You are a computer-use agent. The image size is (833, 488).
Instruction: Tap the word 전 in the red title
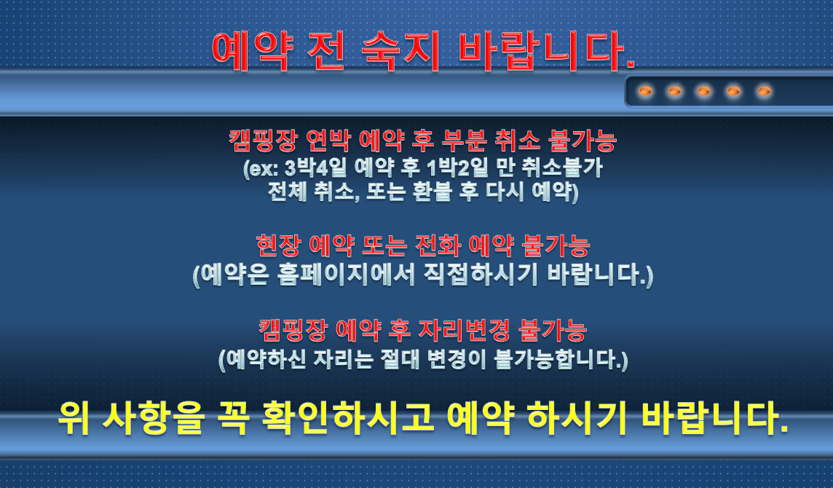pyautogui.click(x=326, y=52)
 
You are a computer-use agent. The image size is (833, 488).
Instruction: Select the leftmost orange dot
pyautogui.click(x=645, y=92)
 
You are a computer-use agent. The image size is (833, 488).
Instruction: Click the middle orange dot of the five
pyautogui.click(x=704, y=92)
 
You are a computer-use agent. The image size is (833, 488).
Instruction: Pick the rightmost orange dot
pyautogui.click(x=764, y=92)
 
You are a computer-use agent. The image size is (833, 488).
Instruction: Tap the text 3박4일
pyautogui.click(x=315, y=168)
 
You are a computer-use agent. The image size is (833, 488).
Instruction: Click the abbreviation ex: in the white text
pyautogui.click(x=261, y=168)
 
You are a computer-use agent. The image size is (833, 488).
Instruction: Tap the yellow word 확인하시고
pyautogui.click(x=349, y=418)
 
